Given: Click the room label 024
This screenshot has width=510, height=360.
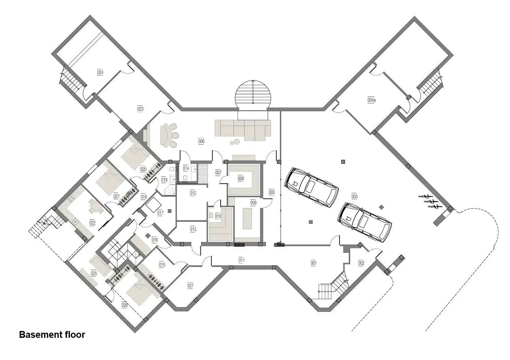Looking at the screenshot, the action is click(x=100, y=72).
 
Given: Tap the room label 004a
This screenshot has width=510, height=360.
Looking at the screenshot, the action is click(x=371, y=100).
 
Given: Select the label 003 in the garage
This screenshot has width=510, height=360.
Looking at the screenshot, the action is click(x=354, y=197).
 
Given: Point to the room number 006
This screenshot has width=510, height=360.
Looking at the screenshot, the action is click(x=201, y=141).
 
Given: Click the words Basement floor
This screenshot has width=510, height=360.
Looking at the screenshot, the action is click(x=52, y=335).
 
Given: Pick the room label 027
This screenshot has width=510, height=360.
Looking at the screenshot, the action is click(x=190, y=286).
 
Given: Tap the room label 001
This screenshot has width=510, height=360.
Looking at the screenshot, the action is click(x=314, y=263).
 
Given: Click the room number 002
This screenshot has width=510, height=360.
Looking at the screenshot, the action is click(x=361, y=263).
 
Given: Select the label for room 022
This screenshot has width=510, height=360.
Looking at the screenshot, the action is click(x=92, y=222).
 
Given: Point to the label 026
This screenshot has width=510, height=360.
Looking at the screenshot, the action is click(x=125, y=305).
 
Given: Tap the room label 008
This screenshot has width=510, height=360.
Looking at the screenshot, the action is click(x=241, y=178).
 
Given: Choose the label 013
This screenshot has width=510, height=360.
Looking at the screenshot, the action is click(x=193, y=229).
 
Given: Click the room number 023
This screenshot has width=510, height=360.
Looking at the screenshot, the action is click(x=140, y=109).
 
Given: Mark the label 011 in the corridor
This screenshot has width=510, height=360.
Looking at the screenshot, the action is click(x=242, y=260).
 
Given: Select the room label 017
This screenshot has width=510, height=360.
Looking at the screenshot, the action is click(x=160, y=213).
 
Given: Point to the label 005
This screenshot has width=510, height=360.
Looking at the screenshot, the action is click(x=272, y=192).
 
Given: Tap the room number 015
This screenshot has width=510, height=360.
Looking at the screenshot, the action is click(x=162, y=265).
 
